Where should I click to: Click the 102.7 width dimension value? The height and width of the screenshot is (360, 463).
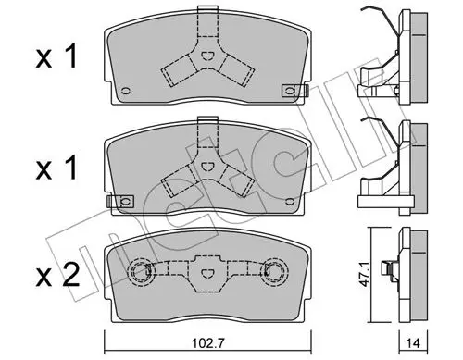(x=207, y=342)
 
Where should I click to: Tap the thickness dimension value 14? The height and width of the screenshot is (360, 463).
(x=414, y=342)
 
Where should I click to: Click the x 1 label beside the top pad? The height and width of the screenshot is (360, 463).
(x=56, y=57)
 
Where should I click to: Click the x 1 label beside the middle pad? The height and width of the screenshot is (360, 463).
(x=56, y=168)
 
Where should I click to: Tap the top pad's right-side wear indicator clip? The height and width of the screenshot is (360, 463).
(x=295, y=91)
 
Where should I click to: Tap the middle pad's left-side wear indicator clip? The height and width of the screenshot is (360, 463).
(x=120, y=202)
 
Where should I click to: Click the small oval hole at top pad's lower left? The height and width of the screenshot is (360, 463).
(x=126, y=91)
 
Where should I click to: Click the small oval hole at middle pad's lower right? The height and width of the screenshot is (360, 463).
(x=290, y=202)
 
